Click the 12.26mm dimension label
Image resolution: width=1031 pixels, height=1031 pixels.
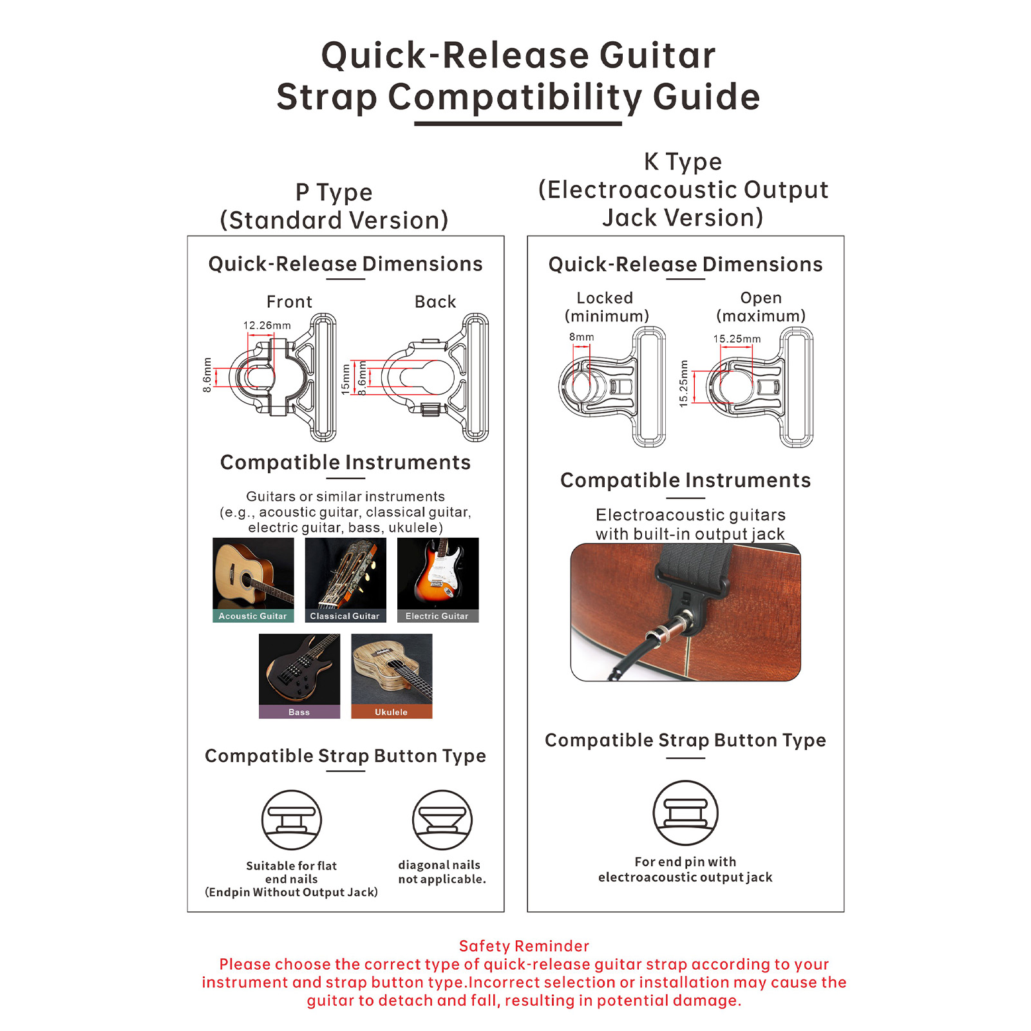(x=267, y=326)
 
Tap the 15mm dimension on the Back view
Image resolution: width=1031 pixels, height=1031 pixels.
(x=346, y=379)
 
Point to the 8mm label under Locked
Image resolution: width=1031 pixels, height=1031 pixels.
(x=582, y=337)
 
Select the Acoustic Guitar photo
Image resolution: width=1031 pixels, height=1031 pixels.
(x=253, y=580)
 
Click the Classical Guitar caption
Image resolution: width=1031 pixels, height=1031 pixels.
(x=345, y=616)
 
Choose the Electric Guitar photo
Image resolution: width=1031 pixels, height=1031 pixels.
(x=438, y=580)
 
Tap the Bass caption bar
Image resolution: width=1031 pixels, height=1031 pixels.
(x=299, y=712)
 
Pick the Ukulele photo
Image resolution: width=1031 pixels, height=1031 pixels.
(x=392, y=676)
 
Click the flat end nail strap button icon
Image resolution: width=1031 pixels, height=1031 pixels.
(x=292, y=820)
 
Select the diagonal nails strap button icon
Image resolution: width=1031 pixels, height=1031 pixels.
(x=442, y=820)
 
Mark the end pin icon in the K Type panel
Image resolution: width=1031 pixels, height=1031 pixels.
(x=685, y=813)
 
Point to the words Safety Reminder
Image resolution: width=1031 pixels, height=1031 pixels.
(x=524, y=946)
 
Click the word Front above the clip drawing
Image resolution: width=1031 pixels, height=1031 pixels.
(x=289, y=302)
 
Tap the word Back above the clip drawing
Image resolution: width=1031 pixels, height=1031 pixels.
(x=435, y=302)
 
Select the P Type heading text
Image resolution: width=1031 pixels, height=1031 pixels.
(x=334, y=193)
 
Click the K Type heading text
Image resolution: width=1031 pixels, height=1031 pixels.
(x=683, y=162)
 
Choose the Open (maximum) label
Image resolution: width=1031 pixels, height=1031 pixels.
(x=761, y=307)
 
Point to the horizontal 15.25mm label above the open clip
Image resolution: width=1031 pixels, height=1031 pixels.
(x=737, y=339)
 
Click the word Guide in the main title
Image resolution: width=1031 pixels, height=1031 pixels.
(x=706, y=97)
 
